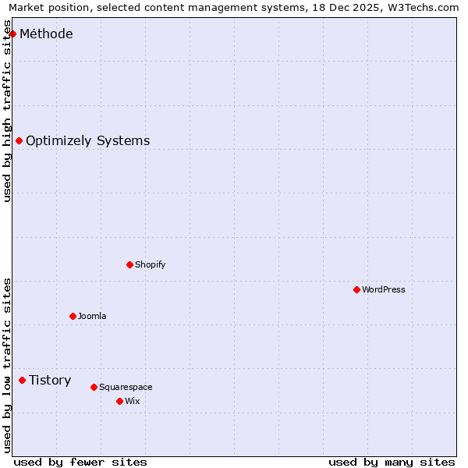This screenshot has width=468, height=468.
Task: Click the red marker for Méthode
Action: (12, 34)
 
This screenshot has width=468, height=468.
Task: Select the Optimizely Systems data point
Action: (19, 140)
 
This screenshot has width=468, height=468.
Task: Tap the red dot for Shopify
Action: (129, 264)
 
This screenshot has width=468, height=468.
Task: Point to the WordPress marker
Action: (356, 289)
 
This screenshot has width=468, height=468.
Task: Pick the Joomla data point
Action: (73, 316)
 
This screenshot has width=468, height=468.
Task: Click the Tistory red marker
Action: (22, 380)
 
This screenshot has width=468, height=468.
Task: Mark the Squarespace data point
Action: (94, 387)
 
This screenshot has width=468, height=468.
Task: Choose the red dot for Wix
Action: (119, 401)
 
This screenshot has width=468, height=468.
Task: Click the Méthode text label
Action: (46, 34)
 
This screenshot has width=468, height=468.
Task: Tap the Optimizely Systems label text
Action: (87, 140)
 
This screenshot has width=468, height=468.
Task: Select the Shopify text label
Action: (150, 264)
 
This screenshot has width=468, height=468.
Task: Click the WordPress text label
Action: (383, 289)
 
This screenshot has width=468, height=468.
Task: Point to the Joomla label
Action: (92, 316)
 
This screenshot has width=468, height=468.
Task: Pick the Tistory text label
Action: (50, 380)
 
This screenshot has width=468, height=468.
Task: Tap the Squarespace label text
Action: (126, 387)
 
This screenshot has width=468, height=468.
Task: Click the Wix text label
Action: (132, 401)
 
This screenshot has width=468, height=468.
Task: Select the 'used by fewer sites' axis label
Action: (80, 462)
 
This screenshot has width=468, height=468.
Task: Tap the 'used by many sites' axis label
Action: (392, 462)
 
